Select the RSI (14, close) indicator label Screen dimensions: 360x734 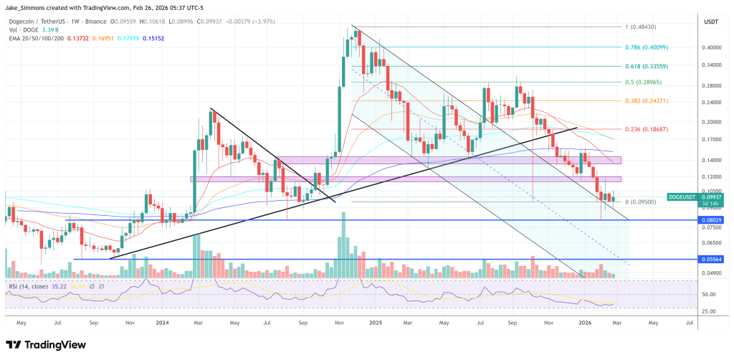pyautogui.click(x=29, y=286)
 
